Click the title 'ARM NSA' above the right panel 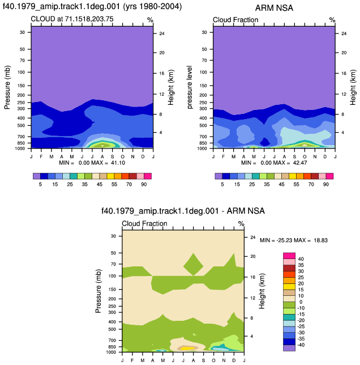click(x=274, y=8)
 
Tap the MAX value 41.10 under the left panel click(x=118, y=163)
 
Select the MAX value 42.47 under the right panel click(x=300, y=163)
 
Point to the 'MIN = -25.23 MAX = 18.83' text click(x=294, y=240)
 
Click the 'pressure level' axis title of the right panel click(x=190, y=87)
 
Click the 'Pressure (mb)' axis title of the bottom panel click(x=98, y=291)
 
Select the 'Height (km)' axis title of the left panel click(x=170, y=87)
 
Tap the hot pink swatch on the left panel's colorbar click(x=148, y=176)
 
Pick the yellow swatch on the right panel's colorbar click(x=293, y=176)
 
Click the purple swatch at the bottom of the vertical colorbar click(x=289, y=348)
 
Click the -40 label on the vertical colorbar click(x=301, y=345)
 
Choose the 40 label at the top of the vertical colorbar click(x=301, y=259)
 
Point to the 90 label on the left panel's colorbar click(x=144, y=184)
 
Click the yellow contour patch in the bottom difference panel click(x=187, y=349)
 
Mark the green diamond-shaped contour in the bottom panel click(x=194, y=265)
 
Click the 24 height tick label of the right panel click(x=344, y=33)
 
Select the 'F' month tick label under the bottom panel click(x=132, y=360)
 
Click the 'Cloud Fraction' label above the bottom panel click(x=144, y=223)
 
